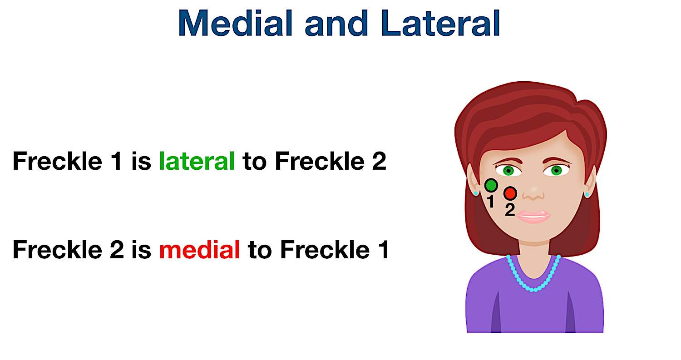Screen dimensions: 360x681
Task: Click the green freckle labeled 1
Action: [491, 185]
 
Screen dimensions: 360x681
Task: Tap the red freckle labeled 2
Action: [510, 193]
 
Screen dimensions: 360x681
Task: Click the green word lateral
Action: [197, 161]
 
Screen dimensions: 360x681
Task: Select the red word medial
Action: [199, 249]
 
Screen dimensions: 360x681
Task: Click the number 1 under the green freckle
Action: [490, 201]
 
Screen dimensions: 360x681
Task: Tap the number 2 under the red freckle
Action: [510, 210]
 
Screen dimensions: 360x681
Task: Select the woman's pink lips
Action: [533, 216]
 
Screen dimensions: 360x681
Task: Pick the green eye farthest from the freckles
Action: [557, 171]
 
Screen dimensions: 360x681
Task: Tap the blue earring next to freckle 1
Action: [476, 193]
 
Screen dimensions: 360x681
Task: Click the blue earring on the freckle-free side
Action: [587, 195]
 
